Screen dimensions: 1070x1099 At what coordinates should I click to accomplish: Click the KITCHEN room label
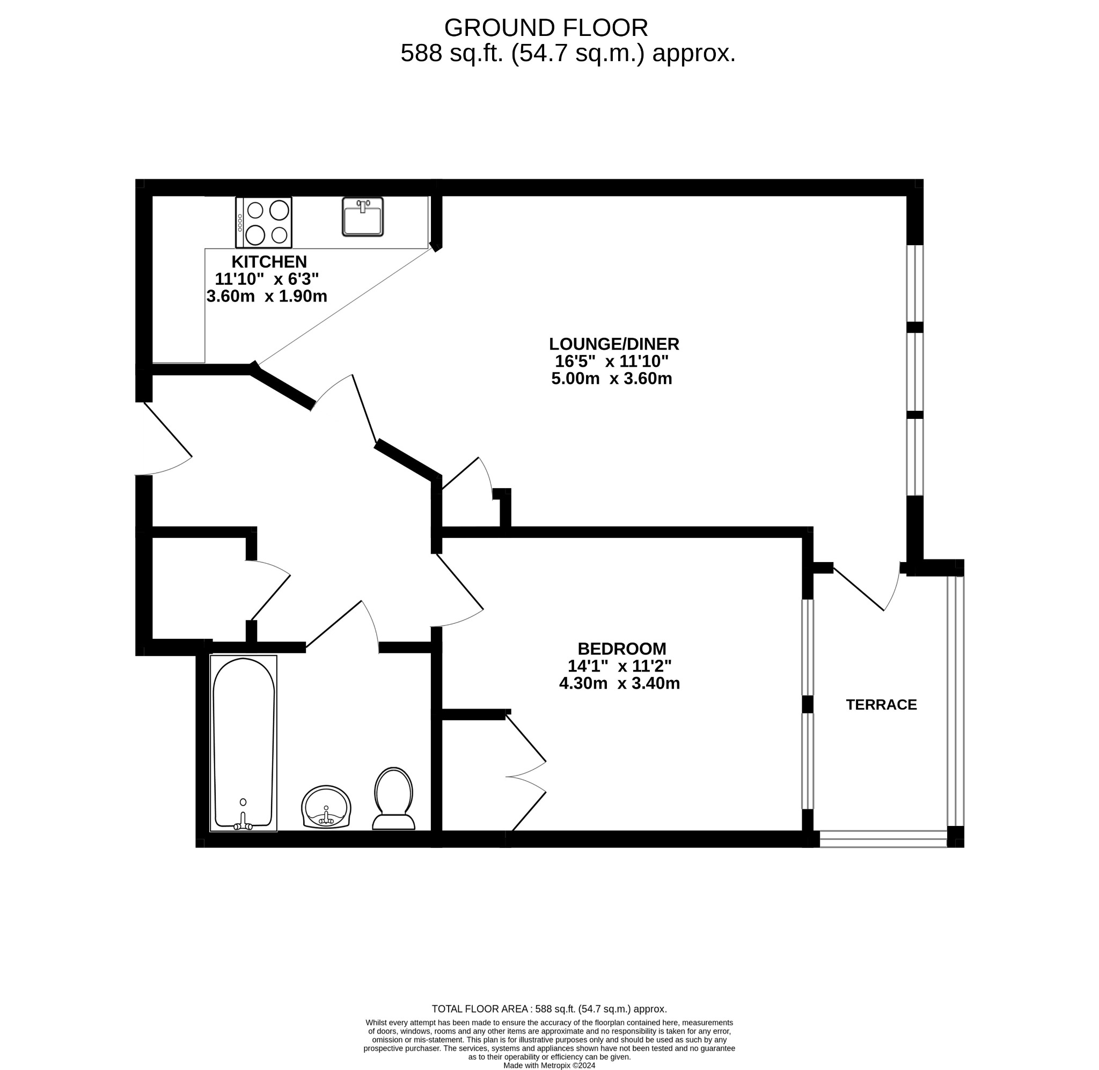click(x=269, y=262)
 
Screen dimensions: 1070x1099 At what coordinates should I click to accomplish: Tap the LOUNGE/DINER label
click(x=614, y=344)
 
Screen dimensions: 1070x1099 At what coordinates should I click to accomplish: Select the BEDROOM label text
click(x=622, y=648)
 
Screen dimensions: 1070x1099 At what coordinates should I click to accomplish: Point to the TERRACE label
click(x=881, y=705)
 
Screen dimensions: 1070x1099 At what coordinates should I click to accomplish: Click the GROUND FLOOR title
click(x=545, y=27)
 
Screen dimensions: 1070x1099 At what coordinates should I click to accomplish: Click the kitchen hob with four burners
click(x=263, y=223)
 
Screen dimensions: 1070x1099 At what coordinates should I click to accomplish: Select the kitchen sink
click(x=363, y=217)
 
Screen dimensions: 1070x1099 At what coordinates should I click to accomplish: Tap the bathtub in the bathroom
click(x=244, y=742)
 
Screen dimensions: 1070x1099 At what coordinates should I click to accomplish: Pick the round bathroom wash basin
click(x=326, y=807)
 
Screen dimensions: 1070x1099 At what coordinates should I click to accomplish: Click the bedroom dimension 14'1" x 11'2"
click(x=619, y=666)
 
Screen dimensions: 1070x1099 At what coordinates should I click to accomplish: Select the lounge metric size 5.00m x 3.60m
click(x=612, y=379)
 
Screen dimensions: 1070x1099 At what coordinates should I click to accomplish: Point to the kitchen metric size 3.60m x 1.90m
click(x=267, y=296)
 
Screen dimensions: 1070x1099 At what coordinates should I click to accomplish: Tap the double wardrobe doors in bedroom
click(x=527, y=777)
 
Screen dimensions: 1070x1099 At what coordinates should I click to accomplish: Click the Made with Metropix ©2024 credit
click(x=548, y=1065)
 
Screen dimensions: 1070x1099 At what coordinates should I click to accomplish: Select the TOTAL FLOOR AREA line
click(x=548, y=1009)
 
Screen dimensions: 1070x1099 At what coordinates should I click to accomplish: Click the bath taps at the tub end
click(x=243, y=823)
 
